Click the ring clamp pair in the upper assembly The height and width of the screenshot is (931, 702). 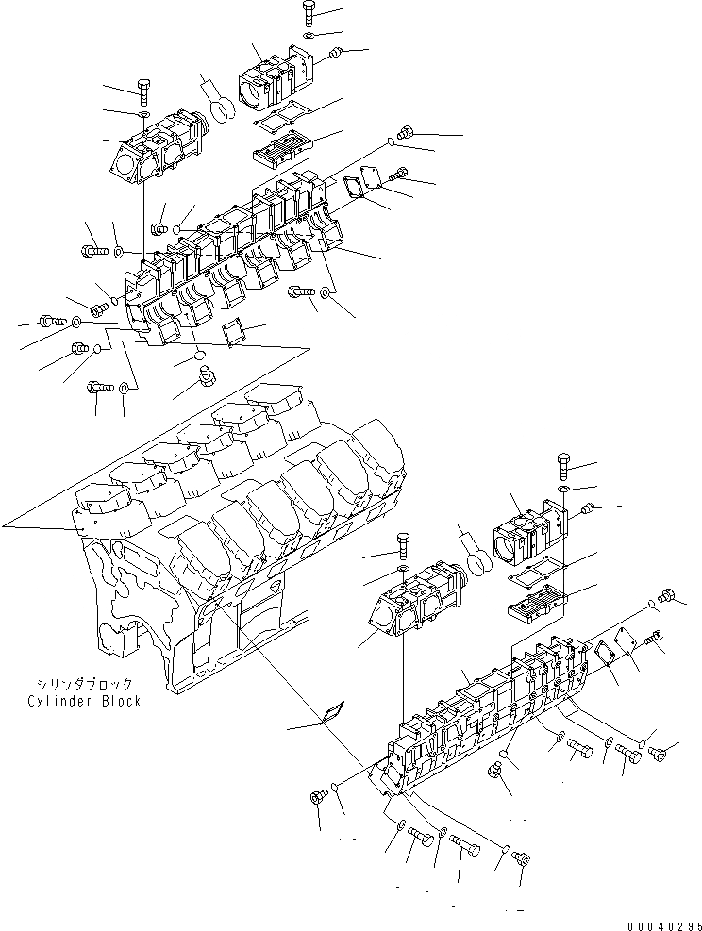217,102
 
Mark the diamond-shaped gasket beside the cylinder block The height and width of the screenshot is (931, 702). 329,716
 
